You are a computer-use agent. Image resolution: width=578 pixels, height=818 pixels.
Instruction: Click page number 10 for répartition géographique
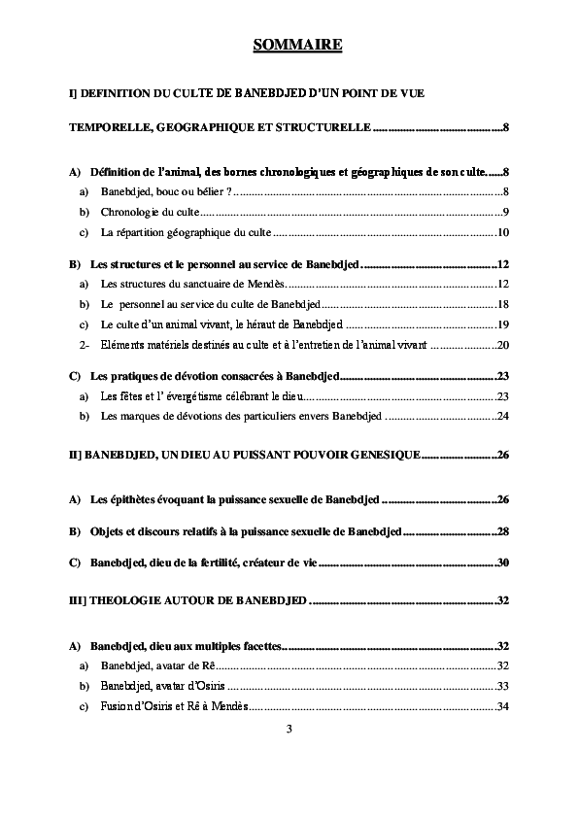503,233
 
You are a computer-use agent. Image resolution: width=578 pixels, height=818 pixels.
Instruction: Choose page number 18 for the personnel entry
503,304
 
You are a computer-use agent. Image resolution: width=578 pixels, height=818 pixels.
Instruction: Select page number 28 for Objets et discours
503,531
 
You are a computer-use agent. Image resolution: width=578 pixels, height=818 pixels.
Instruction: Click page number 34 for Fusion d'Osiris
503,706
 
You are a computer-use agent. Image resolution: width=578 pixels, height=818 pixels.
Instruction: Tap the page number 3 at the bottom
289,729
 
